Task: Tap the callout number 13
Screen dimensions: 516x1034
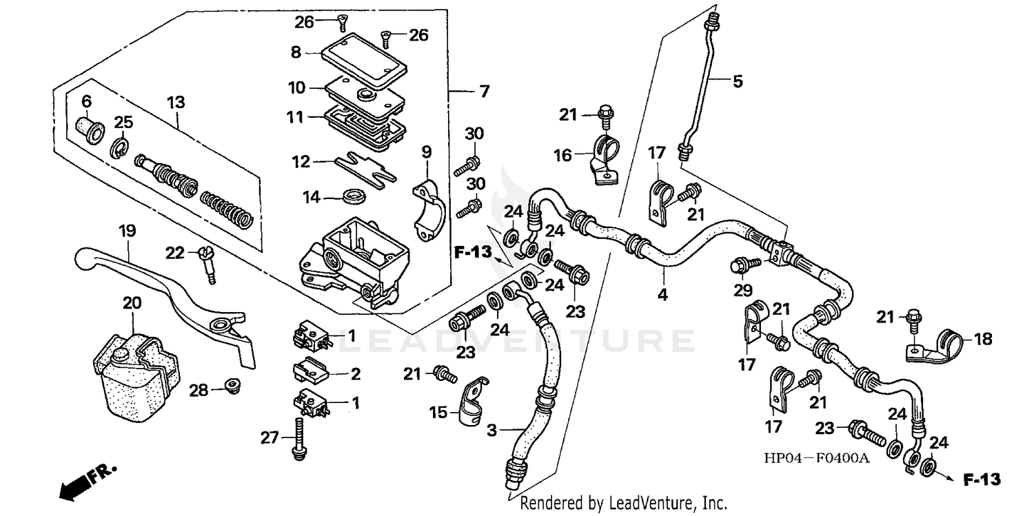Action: coord(176,103)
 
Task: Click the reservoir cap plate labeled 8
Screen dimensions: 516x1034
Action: coord(365,59)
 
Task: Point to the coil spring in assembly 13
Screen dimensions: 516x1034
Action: coord(227,207)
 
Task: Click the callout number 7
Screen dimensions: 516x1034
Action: coord(485,91)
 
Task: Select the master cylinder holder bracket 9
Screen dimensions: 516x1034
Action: coord(426,207)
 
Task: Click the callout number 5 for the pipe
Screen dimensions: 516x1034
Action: coord(738,81)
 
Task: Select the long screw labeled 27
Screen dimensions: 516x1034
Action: coord(299,438)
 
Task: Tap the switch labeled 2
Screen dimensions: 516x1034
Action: coord(312,369)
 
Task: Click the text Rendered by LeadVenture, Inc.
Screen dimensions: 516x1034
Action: coord(624,503)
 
